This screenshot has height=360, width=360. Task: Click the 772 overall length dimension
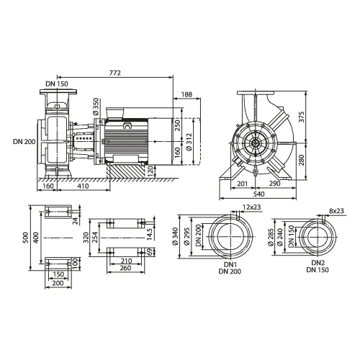pyautogui.click(x=115, y=73)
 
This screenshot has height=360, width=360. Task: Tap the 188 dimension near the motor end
pyautogui.click(x=186, y=94)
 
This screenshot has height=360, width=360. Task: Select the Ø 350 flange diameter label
pyautogui.click(x=96, y=107)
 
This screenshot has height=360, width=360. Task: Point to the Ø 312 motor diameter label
pyautogui.click(x=189, y=142)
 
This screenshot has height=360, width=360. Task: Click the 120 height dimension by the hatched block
pyautogui.click(x=150, y=171)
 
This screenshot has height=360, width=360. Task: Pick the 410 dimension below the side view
pyautogui.click(x=83, y=186)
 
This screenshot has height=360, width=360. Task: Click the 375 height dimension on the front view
pyautogui.click(x=302, y=117)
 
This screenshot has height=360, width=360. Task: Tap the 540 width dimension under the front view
pyautogui.click(x=258, y=194)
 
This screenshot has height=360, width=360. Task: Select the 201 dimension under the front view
pyautogui.click(x=243, y=184)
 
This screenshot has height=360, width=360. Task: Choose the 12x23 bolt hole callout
pyautogui.click(x=251, y=207)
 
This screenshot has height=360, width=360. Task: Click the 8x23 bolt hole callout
pyautogui.click(x=336, y=211)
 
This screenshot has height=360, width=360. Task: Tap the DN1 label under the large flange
pyautogui.click(x=230, y=265)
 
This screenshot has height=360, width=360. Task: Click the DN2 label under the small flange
pyautogui.click(x=318, y=263)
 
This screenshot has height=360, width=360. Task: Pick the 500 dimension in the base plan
pyautogui.click(x=26, y=238)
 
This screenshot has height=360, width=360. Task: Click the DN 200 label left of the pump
pyautogui.click(x=24, y=142)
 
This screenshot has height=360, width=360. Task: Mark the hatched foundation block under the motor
pyautogui.click(x=126, y=171)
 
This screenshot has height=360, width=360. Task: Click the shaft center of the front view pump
pyautogui.click(x=255, y=143)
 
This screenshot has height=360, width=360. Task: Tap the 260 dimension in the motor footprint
pyautogui.click(x=125, y=268)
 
